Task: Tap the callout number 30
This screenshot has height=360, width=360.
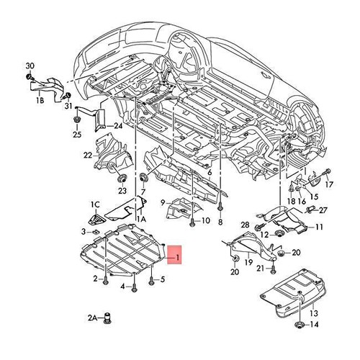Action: coord(30,65)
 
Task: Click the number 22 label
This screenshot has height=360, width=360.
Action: coord(87,155)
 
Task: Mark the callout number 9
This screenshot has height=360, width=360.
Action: coord(163,203)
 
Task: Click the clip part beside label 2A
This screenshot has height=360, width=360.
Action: coord(110,318)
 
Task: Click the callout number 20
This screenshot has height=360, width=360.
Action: coord(234,272)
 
